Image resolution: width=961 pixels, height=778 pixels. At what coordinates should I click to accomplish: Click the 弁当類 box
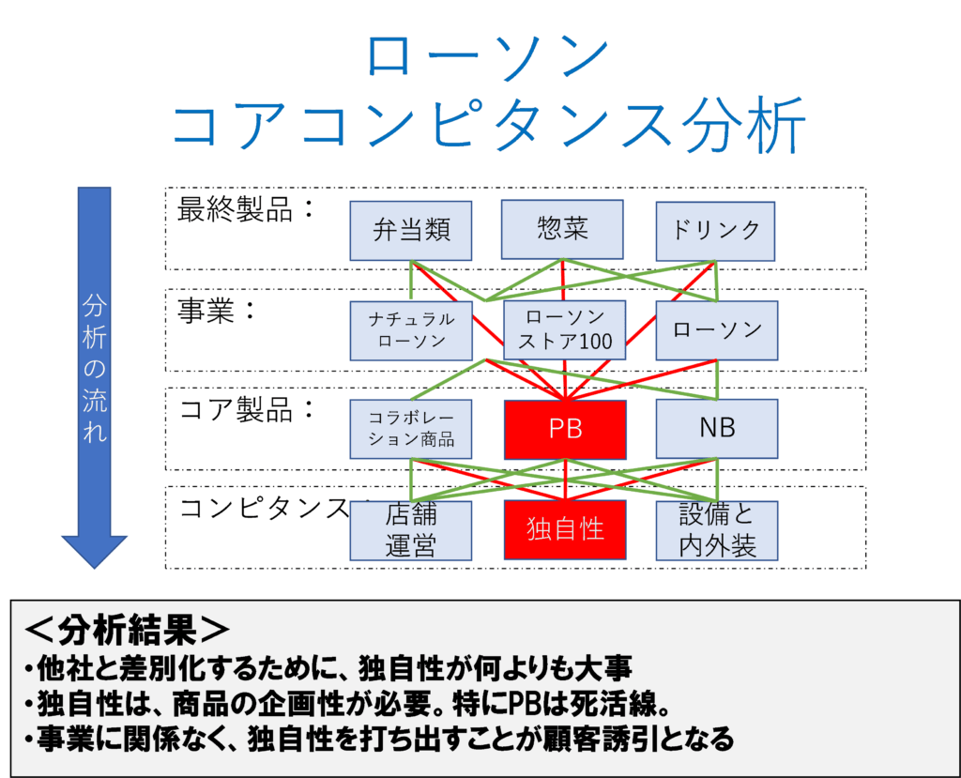point(411,231)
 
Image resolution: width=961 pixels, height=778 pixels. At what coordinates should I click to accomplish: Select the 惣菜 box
point(562,229)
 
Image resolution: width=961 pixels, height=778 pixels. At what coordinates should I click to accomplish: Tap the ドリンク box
point(715,231)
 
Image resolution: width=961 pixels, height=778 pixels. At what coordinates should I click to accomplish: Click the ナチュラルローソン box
point(411,330)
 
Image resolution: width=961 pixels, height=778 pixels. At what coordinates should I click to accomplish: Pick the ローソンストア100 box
point(564,329)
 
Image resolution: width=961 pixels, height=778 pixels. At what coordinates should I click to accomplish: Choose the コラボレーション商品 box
point(411,429)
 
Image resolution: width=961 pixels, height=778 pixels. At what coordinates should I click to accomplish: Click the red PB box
point(565,430)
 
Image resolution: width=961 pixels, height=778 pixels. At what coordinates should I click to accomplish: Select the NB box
point(716,429)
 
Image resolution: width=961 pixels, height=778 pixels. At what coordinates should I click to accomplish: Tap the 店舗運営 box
point(411,530)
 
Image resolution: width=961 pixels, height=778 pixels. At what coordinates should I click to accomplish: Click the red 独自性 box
point(565,529)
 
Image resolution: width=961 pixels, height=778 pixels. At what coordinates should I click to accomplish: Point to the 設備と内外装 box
point(716,530)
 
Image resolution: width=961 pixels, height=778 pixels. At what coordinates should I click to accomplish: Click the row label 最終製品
point(235,209)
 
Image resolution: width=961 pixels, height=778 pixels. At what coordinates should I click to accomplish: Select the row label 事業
point(206,311)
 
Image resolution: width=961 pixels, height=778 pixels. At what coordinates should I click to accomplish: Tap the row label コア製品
point(236,409)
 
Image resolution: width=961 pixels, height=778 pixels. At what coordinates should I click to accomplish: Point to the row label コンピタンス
point(264,508)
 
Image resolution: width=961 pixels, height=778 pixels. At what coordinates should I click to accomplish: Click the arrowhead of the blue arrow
point(95,568)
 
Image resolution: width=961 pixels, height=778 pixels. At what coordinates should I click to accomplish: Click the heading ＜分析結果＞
point(127,630)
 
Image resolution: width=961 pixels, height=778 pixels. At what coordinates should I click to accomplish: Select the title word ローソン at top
point(487,56)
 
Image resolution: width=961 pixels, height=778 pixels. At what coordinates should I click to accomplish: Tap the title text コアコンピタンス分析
point(488,125)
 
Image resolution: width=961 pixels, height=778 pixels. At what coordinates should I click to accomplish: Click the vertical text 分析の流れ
point(95,368)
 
